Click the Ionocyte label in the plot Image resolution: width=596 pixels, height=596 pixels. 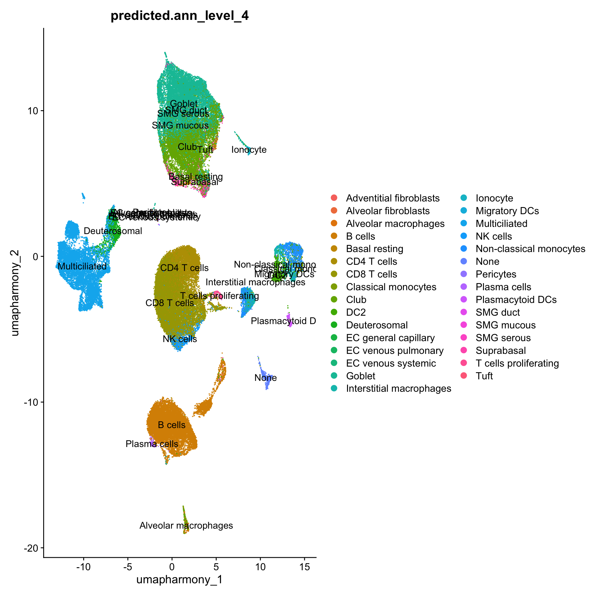(249, 150)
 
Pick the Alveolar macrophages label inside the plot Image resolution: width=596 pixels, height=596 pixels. (186, 526)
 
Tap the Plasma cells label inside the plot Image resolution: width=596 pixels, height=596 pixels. (152, 444)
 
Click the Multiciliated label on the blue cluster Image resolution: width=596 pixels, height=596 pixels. (82, 266)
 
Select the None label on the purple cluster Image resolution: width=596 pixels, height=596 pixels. (265, 378)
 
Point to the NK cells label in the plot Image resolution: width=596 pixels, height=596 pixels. (180, 339)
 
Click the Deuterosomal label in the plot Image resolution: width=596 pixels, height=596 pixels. (113, 231)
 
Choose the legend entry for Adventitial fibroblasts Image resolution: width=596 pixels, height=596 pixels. (393, 198)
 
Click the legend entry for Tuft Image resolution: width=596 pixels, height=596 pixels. (484, 376)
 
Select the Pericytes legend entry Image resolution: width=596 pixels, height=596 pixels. (496, 274)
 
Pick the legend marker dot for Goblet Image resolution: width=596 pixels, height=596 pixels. (334, 376)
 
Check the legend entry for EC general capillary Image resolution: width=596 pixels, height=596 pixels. (390, 338)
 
